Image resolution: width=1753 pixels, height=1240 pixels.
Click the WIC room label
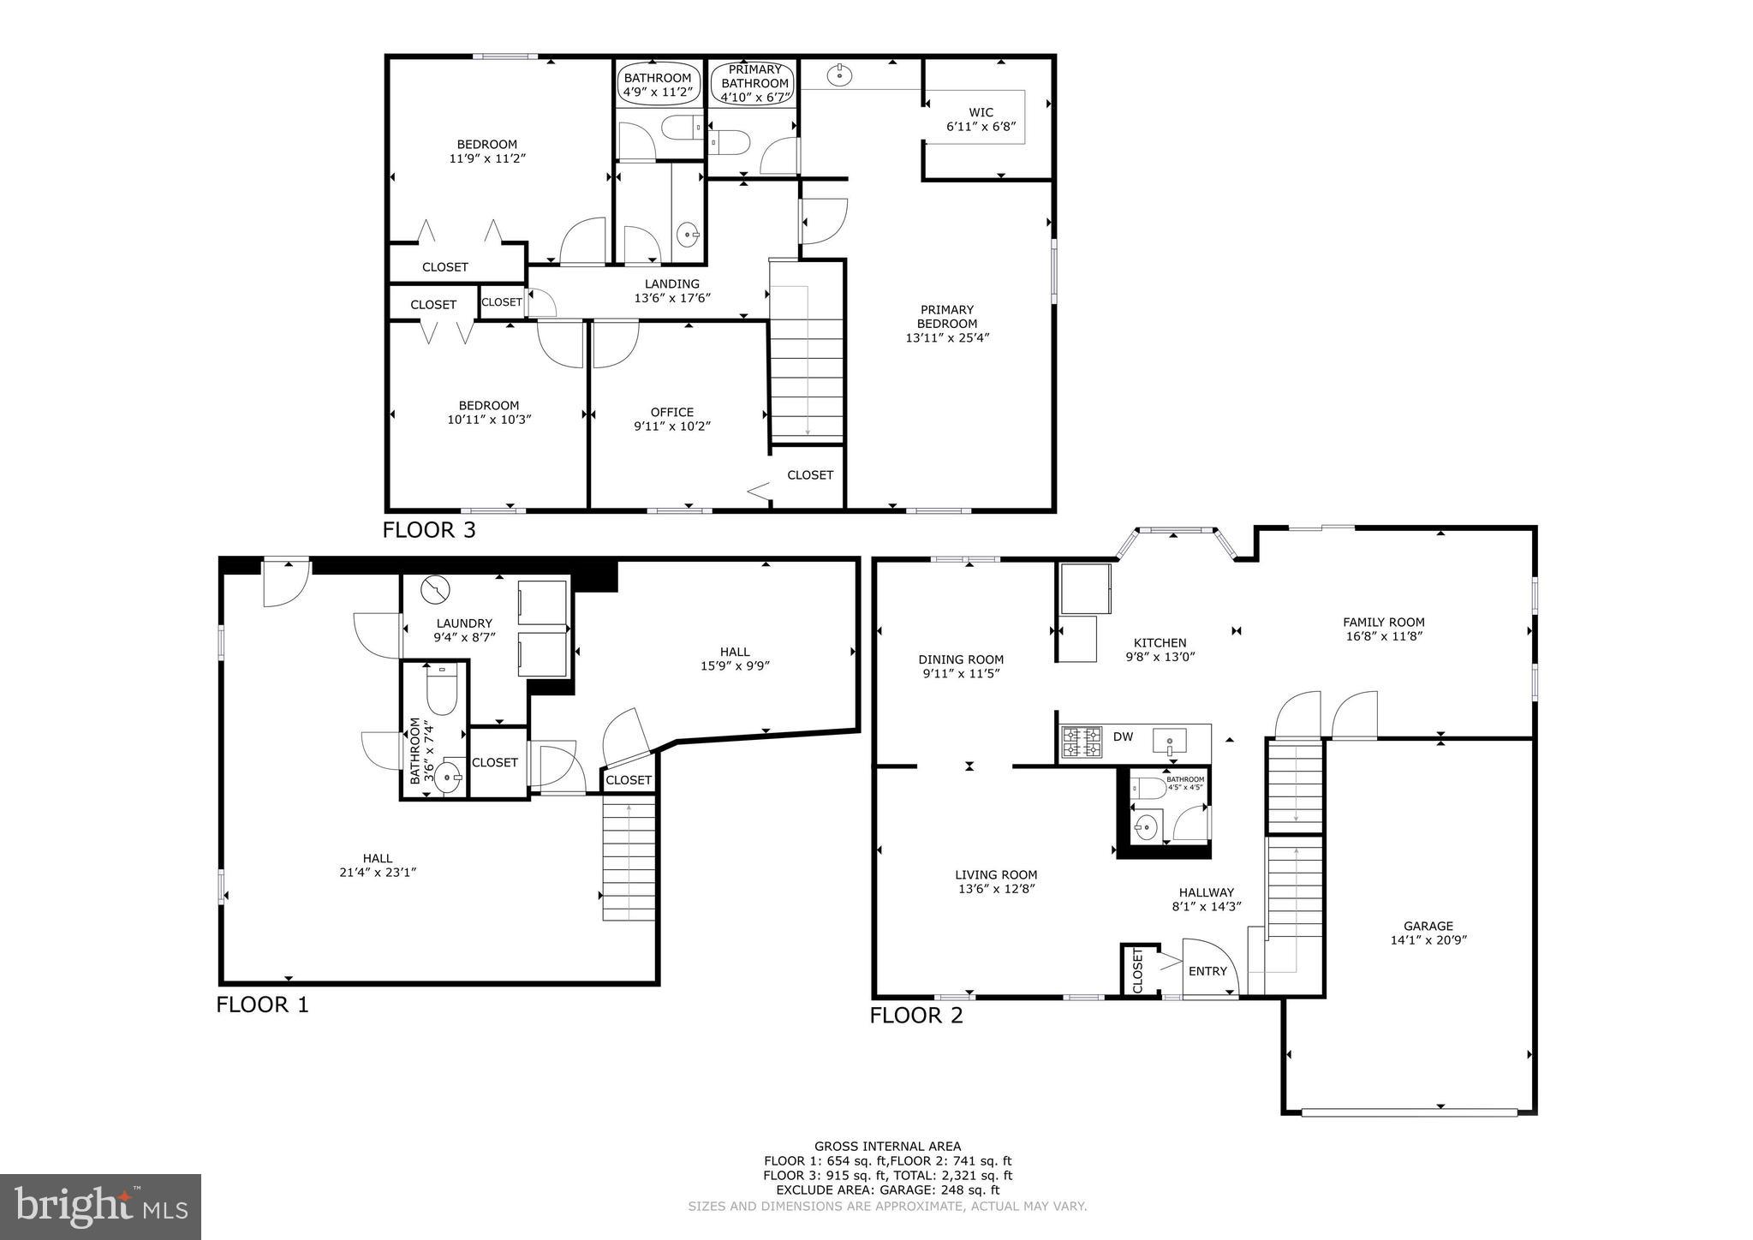pos(981,112)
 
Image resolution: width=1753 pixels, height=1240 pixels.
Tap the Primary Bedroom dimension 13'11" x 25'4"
pos(947,337)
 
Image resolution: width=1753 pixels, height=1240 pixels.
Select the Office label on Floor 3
pos(671,412)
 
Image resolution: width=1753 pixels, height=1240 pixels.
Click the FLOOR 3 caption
pos(428,530)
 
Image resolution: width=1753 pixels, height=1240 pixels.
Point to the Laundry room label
pos(464,623)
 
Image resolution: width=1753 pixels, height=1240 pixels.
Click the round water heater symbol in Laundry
pos(435,590)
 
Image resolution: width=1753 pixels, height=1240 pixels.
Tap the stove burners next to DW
pos(1082,742)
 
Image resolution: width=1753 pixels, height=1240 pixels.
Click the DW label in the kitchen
pos(1123,736)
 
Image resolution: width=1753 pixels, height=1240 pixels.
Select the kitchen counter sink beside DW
pos(1169,740)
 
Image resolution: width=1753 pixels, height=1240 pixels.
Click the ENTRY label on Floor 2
pos(1207,971)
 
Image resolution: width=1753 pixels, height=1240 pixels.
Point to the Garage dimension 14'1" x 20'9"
pos(1428,939)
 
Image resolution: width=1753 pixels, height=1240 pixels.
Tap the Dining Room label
pos(960,659)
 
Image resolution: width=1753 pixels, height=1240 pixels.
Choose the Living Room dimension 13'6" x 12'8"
pos(996,889)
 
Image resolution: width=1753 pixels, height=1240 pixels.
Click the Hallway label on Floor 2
pos(1206,891)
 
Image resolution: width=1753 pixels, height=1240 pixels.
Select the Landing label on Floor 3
pos(671,284)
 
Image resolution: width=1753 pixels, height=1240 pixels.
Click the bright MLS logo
pos(100,1207)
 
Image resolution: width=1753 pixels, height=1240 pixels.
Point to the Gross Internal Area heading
pos(887,1146)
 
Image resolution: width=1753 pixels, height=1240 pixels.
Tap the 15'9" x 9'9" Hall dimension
pos(735,665)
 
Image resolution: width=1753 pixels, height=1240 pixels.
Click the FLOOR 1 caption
pos(262,1005)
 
